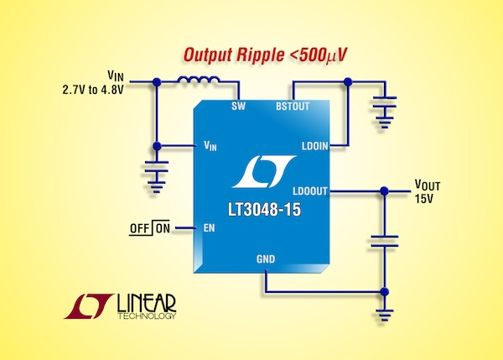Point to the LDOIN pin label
pos(315,145)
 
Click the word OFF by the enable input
pos(139,227)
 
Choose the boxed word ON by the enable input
pos(163,227)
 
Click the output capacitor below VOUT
pos(385,242)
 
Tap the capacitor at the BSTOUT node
pos(385,105)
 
